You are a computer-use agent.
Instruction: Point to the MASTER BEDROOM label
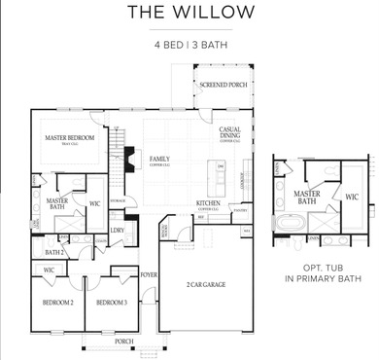(70, 138)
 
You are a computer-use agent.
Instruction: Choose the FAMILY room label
(159, 158)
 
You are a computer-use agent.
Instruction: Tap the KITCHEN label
(208, 204)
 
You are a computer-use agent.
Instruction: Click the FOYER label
(149, 275)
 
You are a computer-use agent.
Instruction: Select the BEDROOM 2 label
(57, 303)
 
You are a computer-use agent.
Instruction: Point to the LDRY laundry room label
(117, 231)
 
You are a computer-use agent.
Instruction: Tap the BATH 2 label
(55, 252)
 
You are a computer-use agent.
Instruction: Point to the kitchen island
(221, 176)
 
